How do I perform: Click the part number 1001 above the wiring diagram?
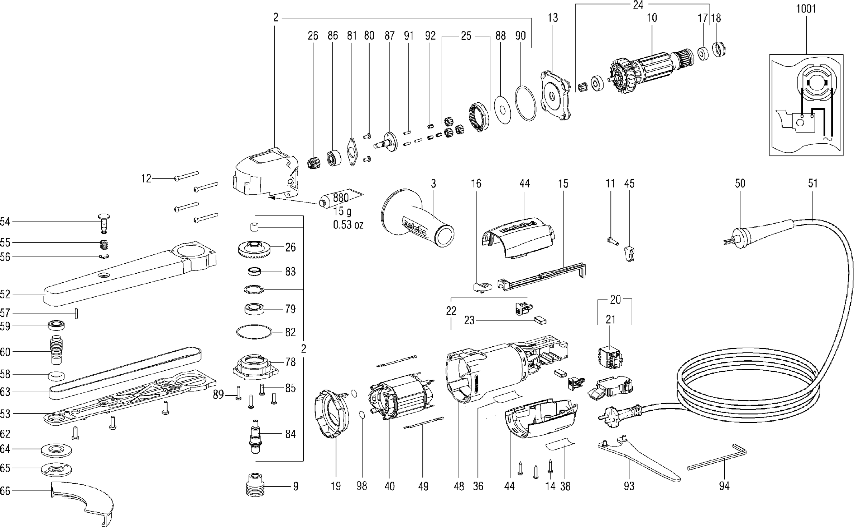pyautogui.click(x=806, y=9)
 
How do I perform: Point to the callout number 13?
pyautogui.click(x=553, y=18)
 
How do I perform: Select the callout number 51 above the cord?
pyautogui.click(x=813, y=184)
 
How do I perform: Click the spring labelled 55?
pyautogui.click(x=104, y=245)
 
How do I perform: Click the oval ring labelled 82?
pyautogui.click(x=254, y=332)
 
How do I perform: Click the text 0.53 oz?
pyautogui.click(x=348, y=225)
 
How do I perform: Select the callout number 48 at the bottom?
pyautogui.click(x=459, y=486)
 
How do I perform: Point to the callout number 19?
pyautogui.click(x=336, y=486)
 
